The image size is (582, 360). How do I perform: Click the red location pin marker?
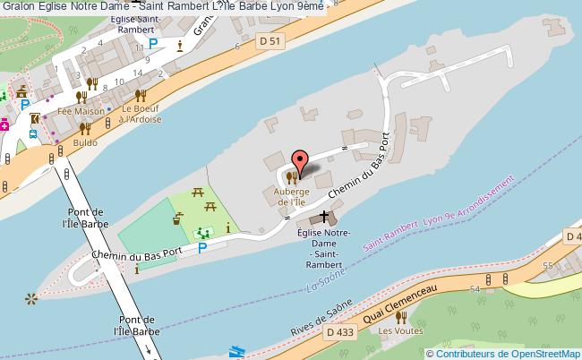(x=301, y=162)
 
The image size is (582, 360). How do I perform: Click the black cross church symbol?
(x=324, y=218)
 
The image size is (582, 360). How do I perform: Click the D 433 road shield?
(x=339, y=331)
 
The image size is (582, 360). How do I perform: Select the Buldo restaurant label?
(x=86, y=142)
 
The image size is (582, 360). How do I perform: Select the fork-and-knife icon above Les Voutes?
(x=401, y=317)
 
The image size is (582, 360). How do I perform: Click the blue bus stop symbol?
(x=33, y=134)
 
